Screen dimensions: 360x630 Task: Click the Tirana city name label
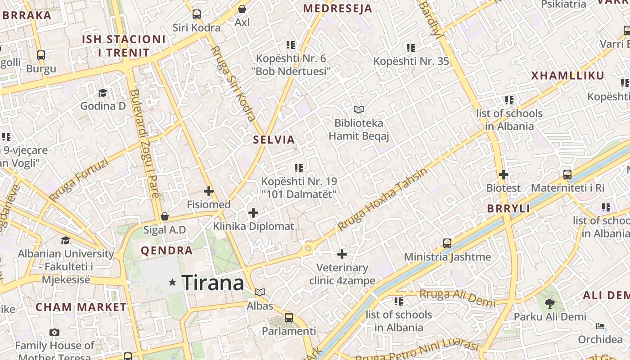pos(213,283)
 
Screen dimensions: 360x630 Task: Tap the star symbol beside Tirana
pos(172,283)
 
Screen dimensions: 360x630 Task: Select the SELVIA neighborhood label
pos(274,139)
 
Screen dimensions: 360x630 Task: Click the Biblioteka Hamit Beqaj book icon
pos(359,109)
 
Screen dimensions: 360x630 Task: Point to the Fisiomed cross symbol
pos(209,191)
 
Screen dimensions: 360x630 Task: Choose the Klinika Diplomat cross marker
pos(253,212)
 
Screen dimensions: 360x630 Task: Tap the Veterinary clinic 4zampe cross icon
pos(342,254)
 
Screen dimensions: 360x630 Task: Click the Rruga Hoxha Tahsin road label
pos(382,199)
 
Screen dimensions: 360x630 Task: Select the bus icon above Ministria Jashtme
pos(447,243)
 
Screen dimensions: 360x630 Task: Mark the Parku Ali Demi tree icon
pos(550,303)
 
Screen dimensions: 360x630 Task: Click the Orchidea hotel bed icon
pos(600,326)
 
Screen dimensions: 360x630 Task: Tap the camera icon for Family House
pos(54,333)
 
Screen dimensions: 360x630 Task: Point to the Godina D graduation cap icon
pos(103,93)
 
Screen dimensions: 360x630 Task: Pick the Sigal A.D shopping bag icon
pos(165,216)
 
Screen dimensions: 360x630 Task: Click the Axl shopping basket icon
pos(242,9)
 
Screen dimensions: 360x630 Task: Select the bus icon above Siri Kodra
pos(197,14)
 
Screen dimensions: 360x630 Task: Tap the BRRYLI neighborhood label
pos(508,209)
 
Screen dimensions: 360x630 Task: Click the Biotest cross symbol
pos(504,175)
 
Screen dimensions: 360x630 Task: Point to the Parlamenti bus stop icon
pos(289,318)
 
